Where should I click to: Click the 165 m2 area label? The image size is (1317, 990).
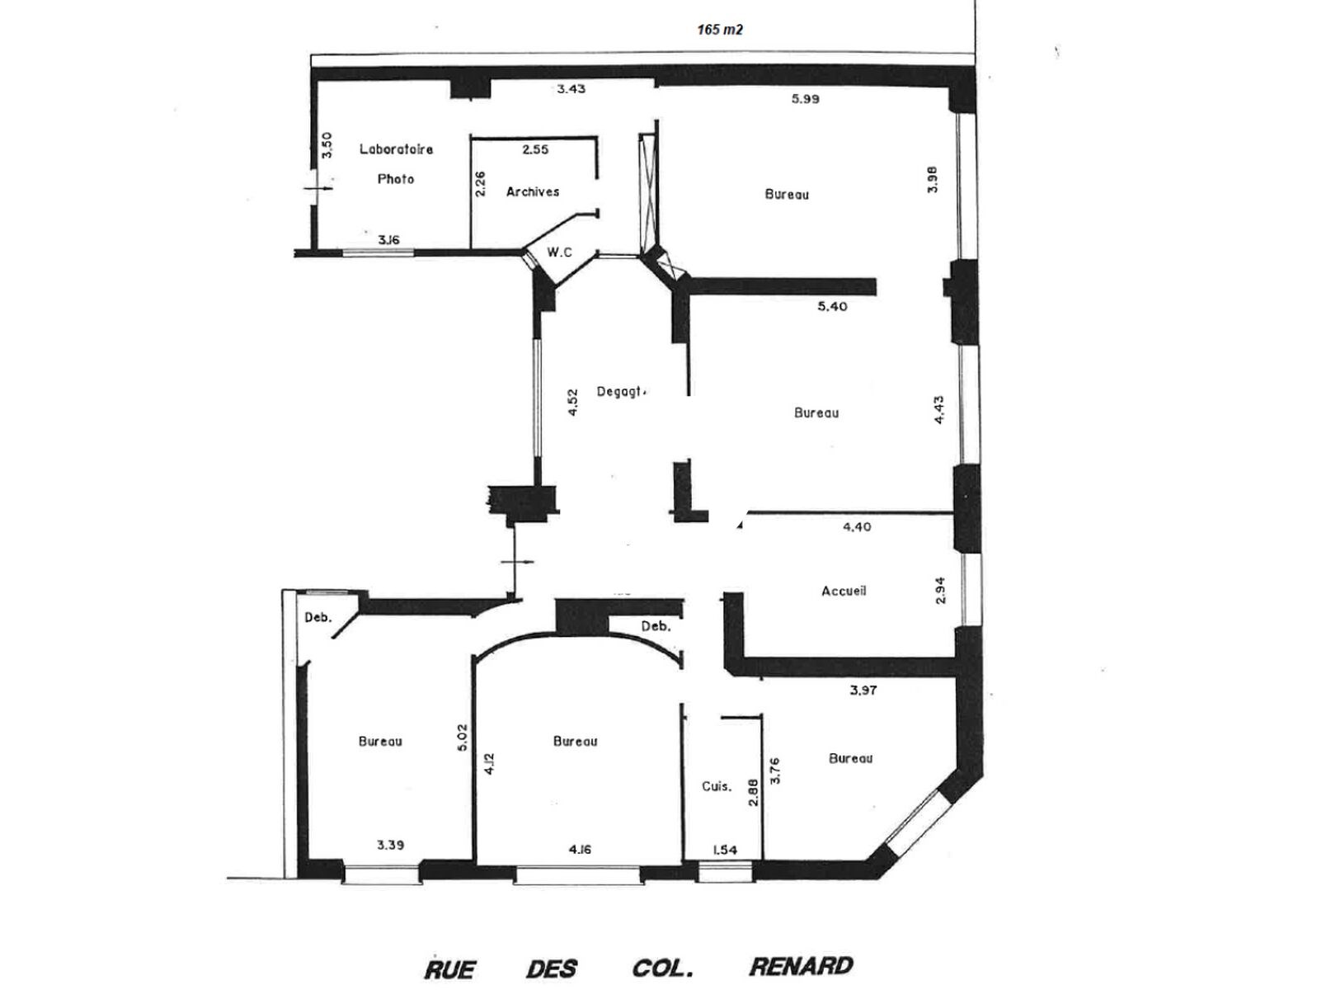click(720, 30)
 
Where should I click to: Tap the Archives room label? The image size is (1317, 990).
click(533, 192)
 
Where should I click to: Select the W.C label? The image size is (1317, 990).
click(559, 252)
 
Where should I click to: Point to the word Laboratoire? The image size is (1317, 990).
click(396, 148)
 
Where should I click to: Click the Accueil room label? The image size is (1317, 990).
click(844, 591)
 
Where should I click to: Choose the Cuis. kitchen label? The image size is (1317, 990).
click(717, 786)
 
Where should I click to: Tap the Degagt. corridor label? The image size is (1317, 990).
click(622, 392)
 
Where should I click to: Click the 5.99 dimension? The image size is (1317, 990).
click(805, 99)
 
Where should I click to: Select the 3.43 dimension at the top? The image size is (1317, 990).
click(571, 89)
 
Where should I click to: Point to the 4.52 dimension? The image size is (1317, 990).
click(572, 403)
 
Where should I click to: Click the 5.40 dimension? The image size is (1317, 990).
click(832, 307)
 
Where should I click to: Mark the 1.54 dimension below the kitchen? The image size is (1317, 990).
click(725, 851)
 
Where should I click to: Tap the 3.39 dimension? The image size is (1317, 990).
click(390, 845)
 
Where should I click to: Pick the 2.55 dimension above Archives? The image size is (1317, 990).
click(535, 149)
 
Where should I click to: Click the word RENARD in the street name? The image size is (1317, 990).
click(802, 966)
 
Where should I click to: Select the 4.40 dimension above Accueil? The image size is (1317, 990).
click(857, 527)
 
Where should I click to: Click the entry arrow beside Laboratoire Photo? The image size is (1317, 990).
click(317, 188)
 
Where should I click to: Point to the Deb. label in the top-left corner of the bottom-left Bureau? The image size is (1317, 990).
click(318, 617)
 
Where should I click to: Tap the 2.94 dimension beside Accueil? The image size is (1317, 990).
click(939, 591)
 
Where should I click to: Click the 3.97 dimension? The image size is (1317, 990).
click(863, 691)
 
